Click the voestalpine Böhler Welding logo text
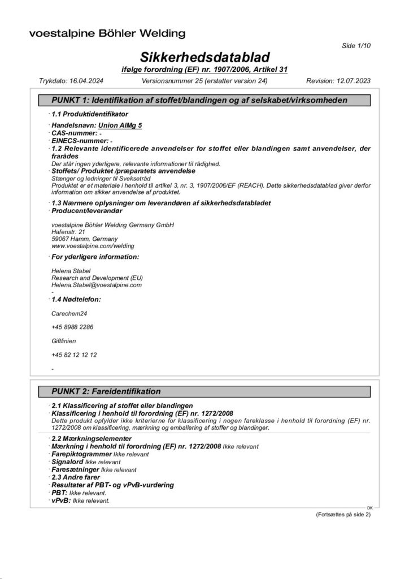coord(107,33)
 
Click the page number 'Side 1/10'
coord(356,45)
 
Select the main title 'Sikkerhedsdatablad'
coord(204,57)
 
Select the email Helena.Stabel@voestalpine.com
coord(96,285)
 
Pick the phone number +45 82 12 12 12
coord(73,355)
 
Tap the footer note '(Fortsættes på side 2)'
coord(343,515)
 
